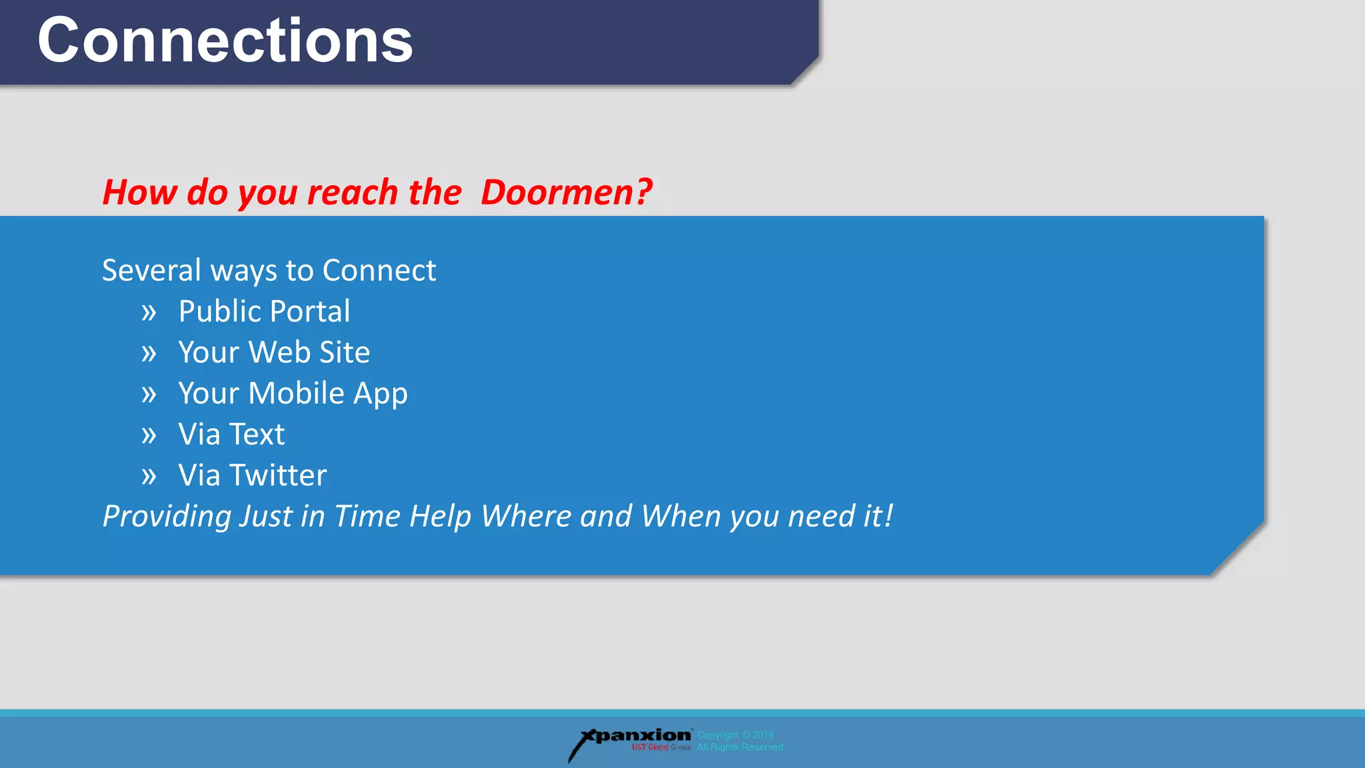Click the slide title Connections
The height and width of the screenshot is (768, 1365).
(225, 41)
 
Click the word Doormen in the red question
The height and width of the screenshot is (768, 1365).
(557, 193)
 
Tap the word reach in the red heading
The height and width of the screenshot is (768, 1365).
(351, 193)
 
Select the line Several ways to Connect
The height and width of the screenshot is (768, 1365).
(269, 271)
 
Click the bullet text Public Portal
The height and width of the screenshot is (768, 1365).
(264, 311)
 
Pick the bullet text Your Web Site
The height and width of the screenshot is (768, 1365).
(274, 353)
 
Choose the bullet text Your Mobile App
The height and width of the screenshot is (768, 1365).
(293, 393)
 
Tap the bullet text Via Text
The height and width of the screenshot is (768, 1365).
(231, 435)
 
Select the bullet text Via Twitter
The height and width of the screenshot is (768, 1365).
(253, 475)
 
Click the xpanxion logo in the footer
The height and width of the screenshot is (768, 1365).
(633, 737)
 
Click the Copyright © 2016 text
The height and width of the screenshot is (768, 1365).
(735, 735)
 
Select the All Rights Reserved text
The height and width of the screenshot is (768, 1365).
(741, 747)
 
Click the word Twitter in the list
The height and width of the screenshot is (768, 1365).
(278, 475)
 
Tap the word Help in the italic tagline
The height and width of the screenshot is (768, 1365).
(441, 517)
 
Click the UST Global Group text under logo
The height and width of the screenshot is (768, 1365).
(661, 748)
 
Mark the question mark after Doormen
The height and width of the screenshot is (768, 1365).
(644, 193)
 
